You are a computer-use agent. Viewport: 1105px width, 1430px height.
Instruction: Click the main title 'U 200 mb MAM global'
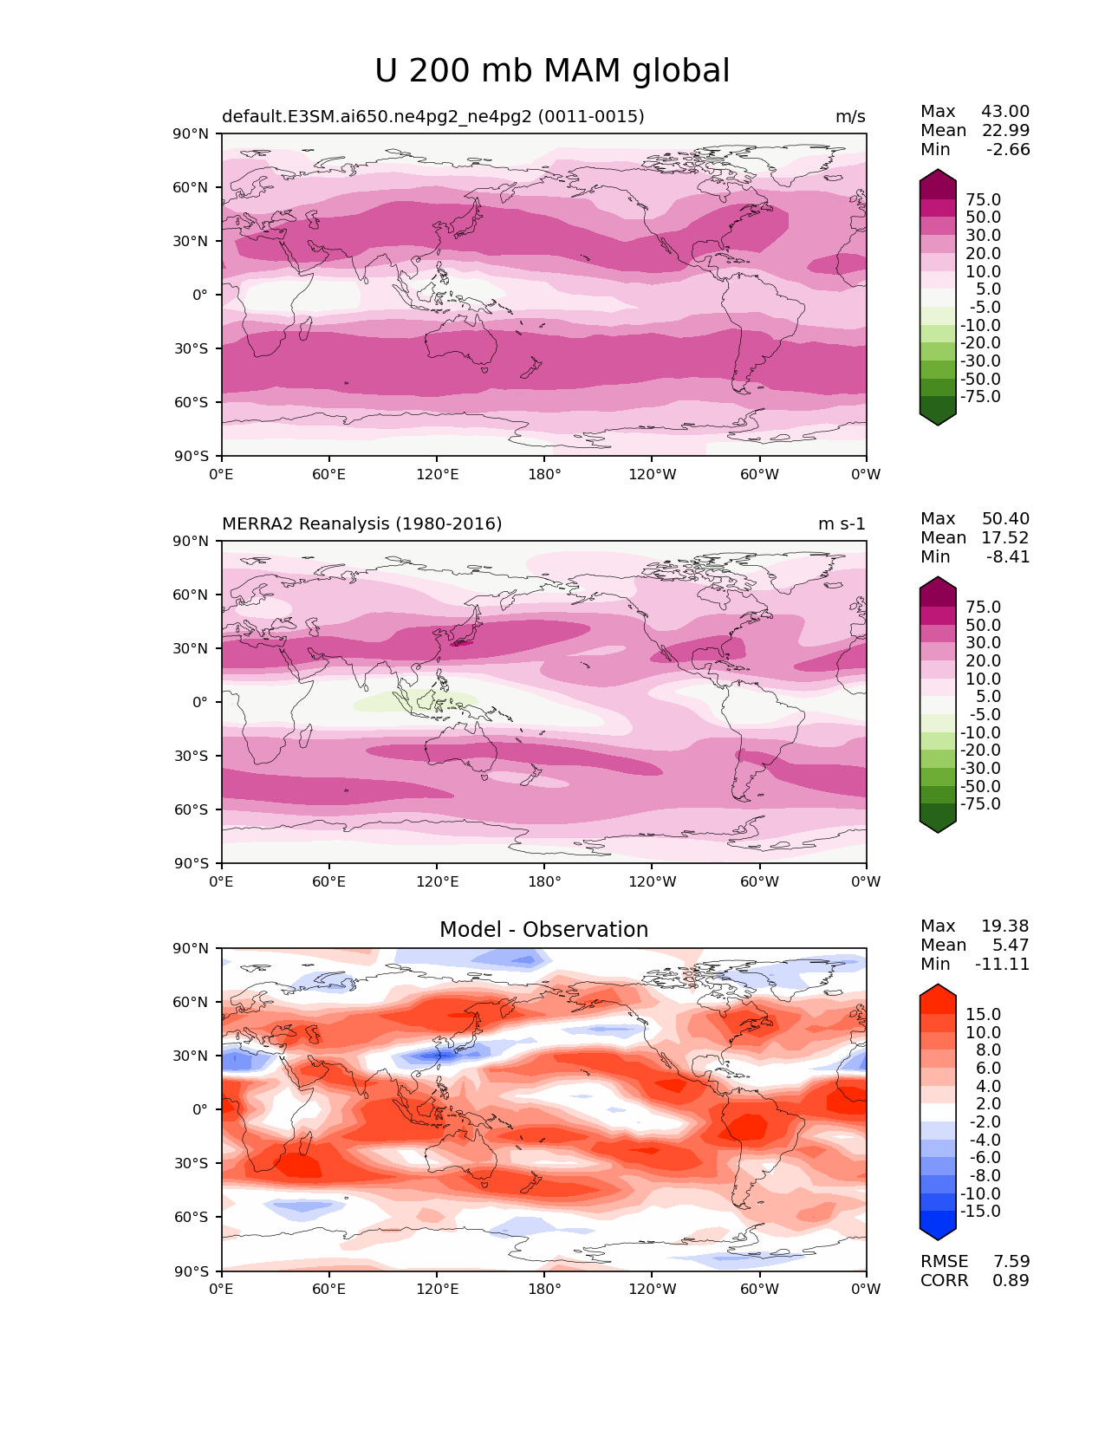coord(552,71)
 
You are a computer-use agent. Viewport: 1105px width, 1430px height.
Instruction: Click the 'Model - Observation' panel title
coord(543,930)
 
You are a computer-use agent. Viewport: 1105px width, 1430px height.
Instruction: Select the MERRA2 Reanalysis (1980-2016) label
coord(361,524)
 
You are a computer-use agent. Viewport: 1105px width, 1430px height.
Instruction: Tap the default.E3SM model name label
coord(432,117)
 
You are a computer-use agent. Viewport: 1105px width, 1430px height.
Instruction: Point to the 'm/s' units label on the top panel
coord(849,117)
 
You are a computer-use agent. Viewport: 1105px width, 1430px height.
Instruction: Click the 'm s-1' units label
coord(841,524)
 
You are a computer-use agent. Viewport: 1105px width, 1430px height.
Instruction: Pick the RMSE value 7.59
coord(1011,1262)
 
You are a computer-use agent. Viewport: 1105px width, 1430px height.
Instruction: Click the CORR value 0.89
coord(1011,1281)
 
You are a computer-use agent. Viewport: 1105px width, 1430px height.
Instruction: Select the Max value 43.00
coord(1005,112)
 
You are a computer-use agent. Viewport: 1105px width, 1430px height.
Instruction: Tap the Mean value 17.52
coord(1005,538)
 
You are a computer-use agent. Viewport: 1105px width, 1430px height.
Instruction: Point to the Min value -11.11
coord(1003,965)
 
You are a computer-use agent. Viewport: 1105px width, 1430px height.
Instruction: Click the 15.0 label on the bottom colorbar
coord(983,1015)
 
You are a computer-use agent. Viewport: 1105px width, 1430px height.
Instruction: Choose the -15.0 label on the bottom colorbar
coord(980,1212)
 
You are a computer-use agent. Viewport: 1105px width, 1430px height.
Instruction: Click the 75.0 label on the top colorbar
coord(983,200)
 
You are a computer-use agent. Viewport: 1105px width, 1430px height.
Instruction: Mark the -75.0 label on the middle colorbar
coord(980,804)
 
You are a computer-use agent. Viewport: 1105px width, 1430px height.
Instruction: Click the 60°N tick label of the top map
coord(192,188)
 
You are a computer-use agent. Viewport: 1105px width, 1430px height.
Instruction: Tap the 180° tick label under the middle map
coord(544,882)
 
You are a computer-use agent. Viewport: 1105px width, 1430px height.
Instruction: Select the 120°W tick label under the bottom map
coord(653,1290)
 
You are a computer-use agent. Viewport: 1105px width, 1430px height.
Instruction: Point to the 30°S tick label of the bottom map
coord(192,1164)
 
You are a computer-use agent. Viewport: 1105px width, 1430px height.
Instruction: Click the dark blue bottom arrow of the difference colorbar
coord(938,1230)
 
